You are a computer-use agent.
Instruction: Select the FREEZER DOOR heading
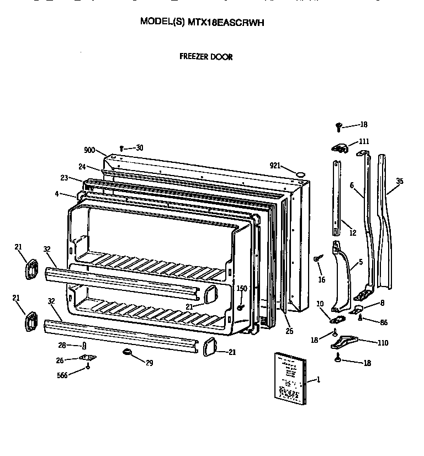(206, 57)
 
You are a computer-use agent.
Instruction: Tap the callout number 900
(89, 150)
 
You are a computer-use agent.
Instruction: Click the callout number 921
(275, 166)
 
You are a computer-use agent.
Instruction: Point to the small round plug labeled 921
(300, 174)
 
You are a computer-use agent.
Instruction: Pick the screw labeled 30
(121, 148)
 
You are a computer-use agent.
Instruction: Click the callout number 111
(364, 141)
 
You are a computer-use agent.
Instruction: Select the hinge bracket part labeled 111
(340, 147)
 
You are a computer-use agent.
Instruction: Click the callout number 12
(353, 233)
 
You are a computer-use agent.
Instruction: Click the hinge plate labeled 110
(346, 343)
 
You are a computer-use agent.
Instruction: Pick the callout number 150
(242, 288)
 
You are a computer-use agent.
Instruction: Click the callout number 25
(289, 331)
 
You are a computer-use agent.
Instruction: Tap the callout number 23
(64, 178)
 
